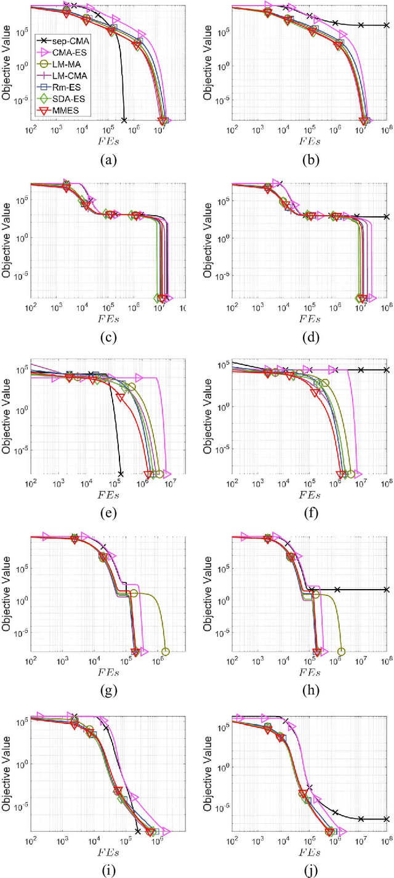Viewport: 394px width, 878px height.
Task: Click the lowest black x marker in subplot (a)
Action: pyautogui.click(x=124, y=120)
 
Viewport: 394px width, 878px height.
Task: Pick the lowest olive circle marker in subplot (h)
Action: pyautogui.click(x=342, y=651)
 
